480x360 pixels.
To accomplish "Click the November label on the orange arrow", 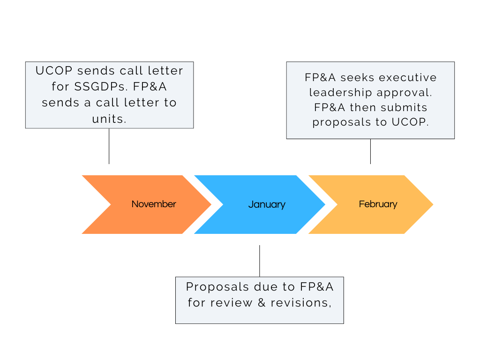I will tap(154, 204).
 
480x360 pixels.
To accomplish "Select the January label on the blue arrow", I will tap(266, 204).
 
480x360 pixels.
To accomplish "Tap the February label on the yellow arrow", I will tap(378, 204).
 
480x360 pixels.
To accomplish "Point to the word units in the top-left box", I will tap(109, 119).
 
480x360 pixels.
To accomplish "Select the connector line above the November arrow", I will tap(109, 146).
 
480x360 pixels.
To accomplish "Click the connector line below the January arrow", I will tap(259, 261).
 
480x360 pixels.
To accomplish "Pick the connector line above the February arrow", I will tap(370, 151).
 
